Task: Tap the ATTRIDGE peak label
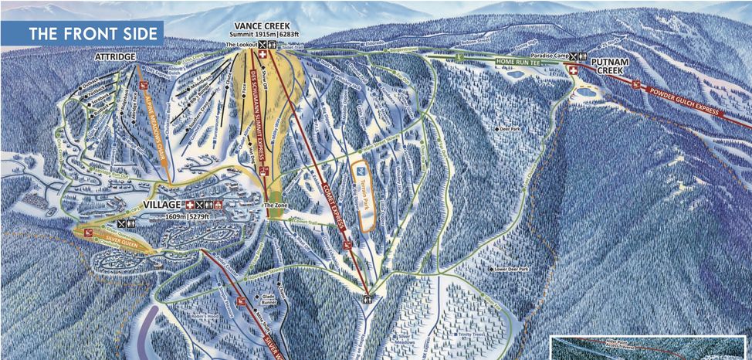(116, 58)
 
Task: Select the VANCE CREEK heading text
(266, 26)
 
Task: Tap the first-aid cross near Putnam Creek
(573, 70)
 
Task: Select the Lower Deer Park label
(513, 269)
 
